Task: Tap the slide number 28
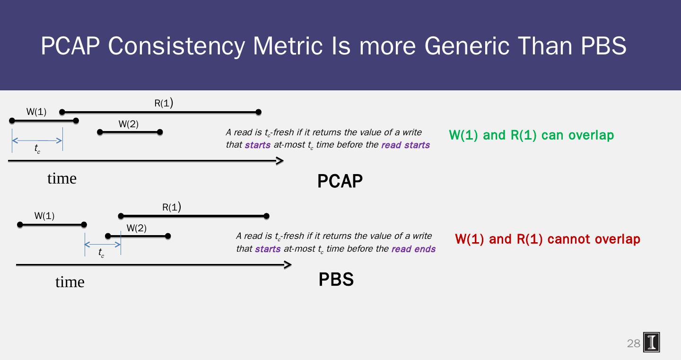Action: [633, 344]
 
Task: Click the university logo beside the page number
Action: [652, 342]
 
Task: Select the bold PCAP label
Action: [340, 181]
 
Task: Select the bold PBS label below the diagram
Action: [336, 280]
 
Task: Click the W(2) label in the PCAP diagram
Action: [128, 124]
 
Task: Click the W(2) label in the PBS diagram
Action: [136, 228]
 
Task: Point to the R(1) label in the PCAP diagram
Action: [164, 104]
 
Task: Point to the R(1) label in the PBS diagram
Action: [172, 207]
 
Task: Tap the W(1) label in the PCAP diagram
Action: [36, 112]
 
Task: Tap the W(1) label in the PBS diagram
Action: [44, 216]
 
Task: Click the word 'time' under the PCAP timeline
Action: [62, 178]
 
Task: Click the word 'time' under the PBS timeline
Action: [70, 282]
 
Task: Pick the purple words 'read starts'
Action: [405, 145]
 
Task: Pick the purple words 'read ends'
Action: [413, 249]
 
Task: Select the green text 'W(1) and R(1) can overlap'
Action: [531, 135]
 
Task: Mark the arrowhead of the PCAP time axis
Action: [280, 161]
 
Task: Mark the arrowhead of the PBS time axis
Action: [288, 265]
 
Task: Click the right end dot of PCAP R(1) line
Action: [258, 112]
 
